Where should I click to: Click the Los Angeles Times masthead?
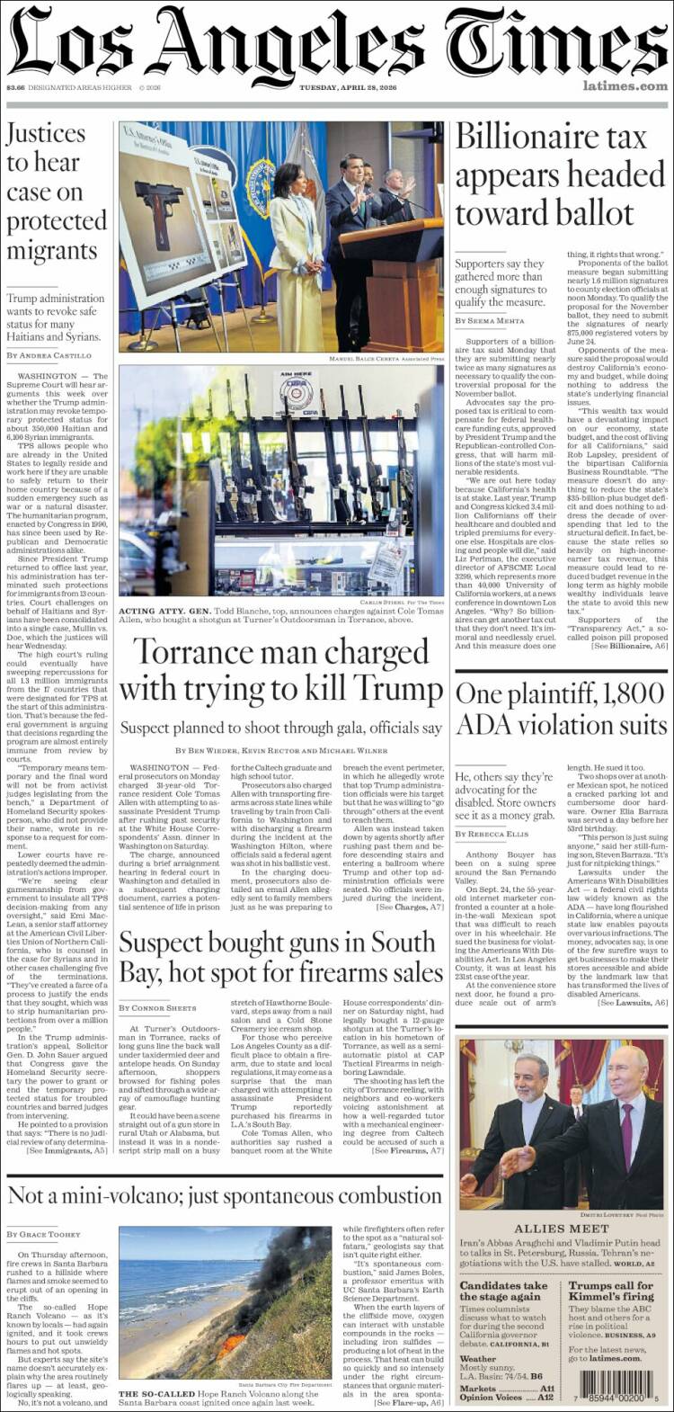pyautogui.click(x=337, y=42)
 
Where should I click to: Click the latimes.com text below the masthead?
pyautogui.click(x=625, y=86)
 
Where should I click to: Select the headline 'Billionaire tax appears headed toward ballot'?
pyautogui.click(x=559, y=175)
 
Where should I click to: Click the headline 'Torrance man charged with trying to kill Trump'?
pyautogui.click(x=280, y=670)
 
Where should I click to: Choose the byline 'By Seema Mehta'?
pyautogui.click(x=491, y=320)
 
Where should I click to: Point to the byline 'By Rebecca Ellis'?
pyautogui.click(x=492, y=834)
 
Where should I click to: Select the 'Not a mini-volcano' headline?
pyautogui.click(x=225, y=1195)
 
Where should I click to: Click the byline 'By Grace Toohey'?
pyautogui.click(x=43, y=1234)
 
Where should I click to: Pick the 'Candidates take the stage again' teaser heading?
pyautogui.click(x=504, y=1291)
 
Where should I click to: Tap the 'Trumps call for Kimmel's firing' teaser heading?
pyautogui.click(x=611, y=1291)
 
